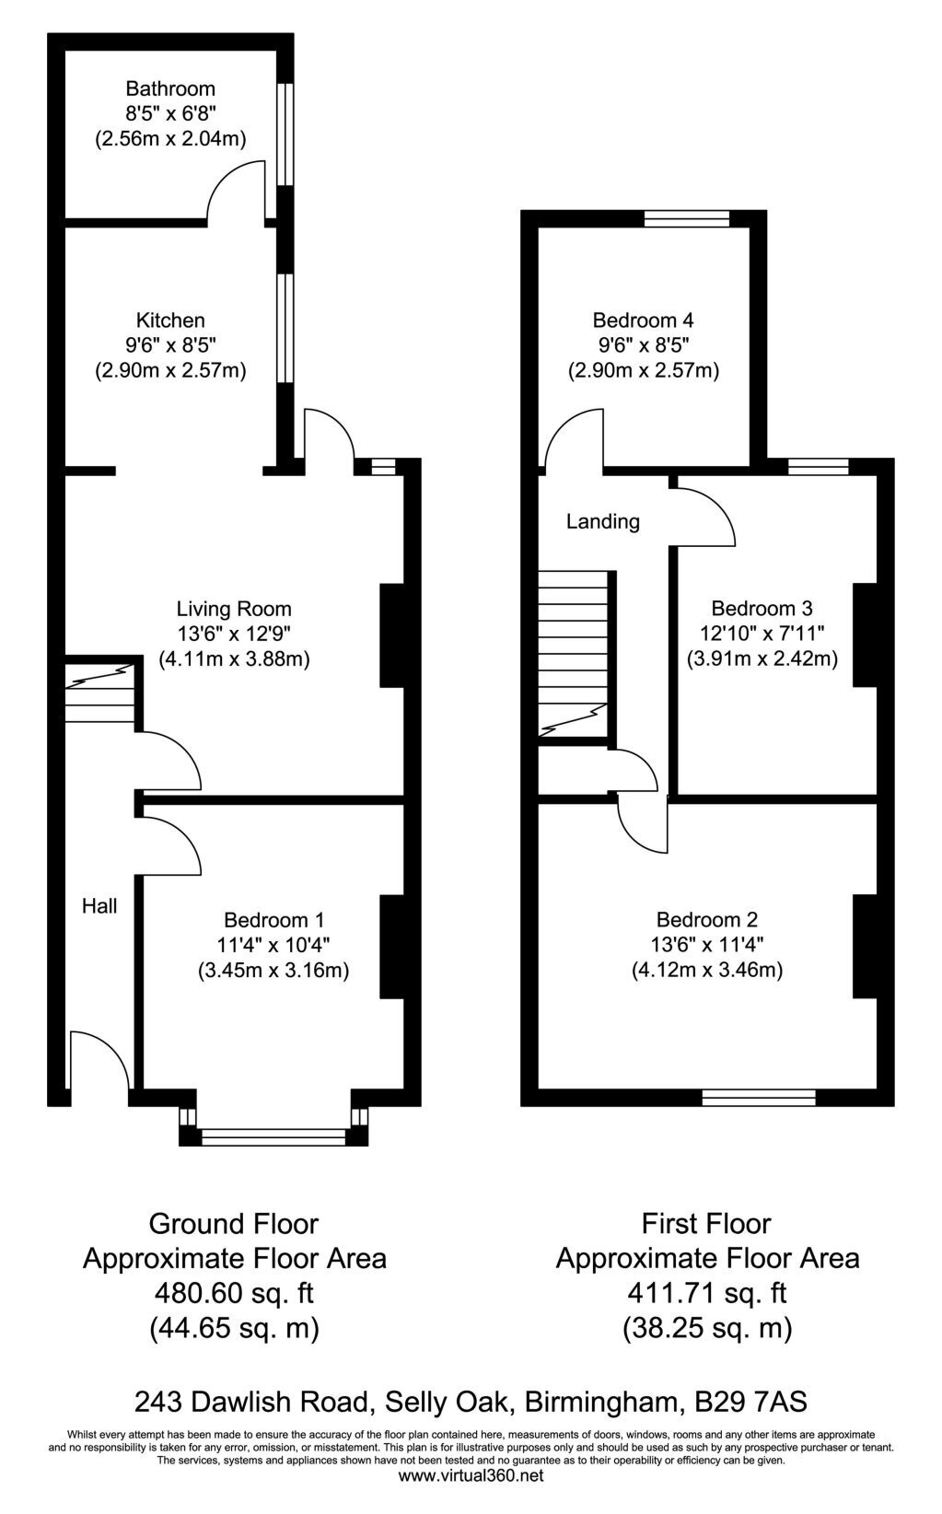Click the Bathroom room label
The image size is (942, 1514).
[x=170, y=88]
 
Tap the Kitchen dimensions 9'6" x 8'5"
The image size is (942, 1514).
[x=170, y=345]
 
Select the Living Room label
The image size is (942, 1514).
[x=234, y=609]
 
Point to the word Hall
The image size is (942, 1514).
[x=99, y=905]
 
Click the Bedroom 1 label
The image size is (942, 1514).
[x=273, y=920]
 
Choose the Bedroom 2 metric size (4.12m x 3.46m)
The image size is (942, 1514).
[x=707, y=971]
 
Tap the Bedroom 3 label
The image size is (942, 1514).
[x=762, y=609]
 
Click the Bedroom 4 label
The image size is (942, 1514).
[x=644, y=320]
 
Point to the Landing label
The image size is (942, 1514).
[x=603, y=522]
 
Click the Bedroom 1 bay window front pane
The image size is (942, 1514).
[x=273, y=1136]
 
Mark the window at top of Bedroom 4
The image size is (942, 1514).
[x=687, y=218]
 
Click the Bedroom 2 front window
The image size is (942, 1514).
[x=759, y=1097]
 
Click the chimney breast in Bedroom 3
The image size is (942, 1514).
[x=865, y=635]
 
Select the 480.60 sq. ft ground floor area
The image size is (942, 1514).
[x=234, y=1294]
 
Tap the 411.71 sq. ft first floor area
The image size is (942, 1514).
[x=707, y=1294]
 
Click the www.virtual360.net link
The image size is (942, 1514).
[x=471, y=1495]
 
